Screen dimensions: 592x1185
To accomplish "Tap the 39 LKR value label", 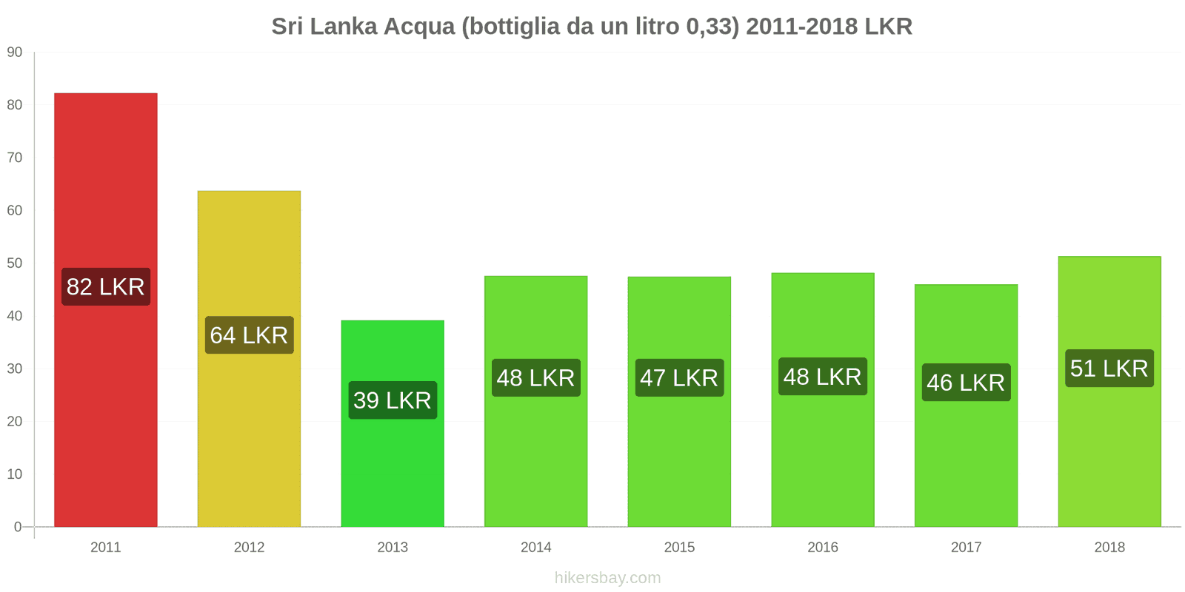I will (393, 400).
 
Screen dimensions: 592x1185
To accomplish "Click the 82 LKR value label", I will (105, 286).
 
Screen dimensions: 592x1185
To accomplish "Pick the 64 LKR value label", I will (249, 335).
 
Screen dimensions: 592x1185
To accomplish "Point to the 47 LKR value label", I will (679, 378).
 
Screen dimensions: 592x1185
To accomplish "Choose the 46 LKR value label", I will (966, 383).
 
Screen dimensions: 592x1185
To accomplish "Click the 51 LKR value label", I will (1109, 369).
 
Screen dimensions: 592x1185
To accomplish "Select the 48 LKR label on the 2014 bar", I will (535, 378).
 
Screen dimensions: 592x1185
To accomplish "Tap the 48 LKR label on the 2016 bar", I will (822, 377).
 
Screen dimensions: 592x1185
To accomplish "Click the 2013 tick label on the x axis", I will (393, 548).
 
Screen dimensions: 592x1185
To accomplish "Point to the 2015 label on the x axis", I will (679, 548).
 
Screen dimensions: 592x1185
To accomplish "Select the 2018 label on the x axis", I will (1109, 548).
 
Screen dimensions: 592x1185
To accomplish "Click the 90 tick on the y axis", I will (15, 53).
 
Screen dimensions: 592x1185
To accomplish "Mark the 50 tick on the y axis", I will (15, 263).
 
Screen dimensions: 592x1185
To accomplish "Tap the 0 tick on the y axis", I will (18, 527).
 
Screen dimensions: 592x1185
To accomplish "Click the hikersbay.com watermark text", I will (607, 578).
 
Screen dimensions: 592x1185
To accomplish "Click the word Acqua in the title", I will (420, 27).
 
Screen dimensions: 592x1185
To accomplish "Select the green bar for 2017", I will (966, 459).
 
